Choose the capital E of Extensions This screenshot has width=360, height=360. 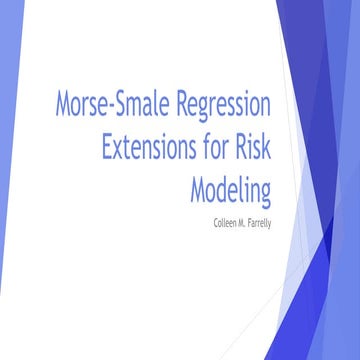pos(108,146)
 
